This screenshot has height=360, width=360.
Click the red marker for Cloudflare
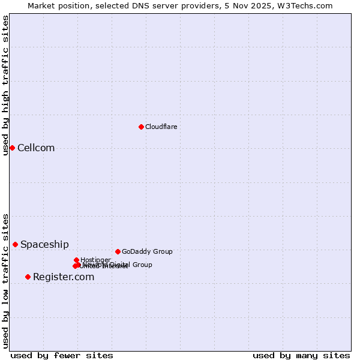tap(141, 127)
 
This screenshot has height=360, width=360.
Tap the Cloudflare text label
tap(161, 127)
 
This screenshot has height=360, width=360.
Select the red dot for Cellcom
tap(12, 148)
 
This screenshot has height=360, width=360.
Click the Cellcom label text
tap(36, 148)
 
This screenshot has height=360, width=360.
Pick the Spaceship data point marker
tap(15, 244)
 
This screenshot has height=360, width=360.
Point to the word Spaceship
tap(44, 245)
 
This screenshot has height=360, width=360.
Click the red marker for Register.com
tap(28, 277)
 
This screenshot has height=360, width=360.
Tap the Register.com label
tap(64, 277)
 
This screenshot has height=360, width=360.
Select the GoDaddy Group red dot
tap(118, 251)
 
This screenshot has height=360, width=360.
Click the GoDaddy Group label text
tap(147, 251)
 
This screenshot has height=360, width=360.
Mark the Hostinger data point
tap(76, 260)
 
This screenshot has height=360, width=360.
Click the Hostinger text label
tap(95, 260)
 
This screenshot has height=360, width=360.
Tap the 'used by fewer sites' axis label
tap(62, 355)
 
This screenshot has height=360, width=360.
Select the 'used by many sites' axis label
tap(301, 355)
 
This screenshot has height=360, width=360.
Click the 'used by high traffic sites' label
tap(5, 85)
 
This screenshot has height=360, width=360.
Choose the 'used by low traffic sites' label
tap(5, 281)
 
